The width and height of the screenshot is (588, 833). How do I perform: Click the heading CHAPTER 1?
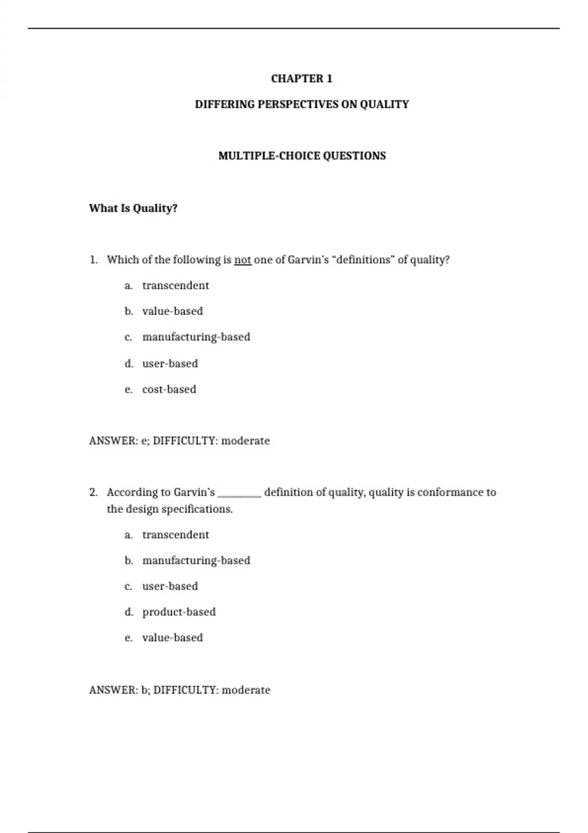pos(301,79)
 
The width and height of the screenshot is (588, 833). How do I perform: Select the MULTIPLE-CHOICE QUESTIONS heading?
pos(302,156)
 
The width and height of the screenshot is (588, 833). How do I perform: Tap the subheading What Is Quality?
pos(133,208)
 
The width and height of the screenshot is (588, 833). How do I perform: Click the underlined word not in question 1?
pos(243,260)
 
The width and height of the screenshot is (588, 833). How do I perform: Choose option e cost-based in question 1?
pos(169,390)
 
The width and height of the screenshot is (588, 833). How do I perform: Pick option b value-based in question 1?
pos(172,311)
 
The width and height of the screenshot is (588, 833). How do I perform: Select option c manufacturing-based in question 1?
pos(196,337)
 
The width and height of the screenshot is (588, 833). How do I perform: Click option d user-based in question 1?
pos(170,364)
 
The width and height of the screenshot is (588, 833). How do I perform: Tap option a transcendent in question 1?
pos(175,286)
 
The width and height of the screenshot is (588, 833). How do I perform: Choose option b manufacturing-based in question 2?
pos(196,561)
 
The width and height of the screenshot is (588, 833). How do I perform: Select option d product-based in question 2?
pos(179,612)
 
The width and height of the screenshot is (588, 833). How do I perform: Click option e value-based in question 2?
pos(172,638)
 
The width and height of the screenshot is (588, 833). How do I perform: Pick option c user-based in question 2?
pos(170,586)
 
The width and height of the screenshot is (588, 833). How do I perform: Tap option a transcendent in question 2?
pos(175,535)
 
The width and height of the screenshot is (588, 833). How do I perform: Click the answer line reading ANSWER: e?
pos(179,441)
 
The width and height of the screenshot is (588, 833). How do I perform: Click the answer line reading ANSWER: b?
pos(179,690)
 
